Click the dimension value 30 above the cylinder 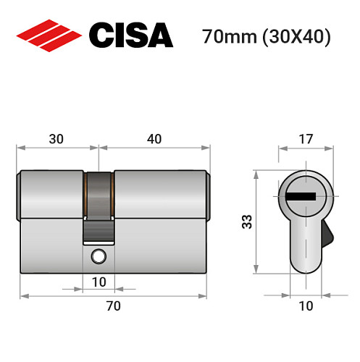click(56, 138)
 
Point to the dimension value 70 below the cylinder click(113, 306)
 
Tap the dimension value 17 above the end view click(305, 138)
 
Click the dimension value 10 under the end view click(306, 306)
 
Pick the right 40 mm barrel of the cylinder click(159, 194)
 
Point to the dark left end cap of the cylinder click(18, 194)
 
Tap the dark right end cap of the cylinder click(209, 194)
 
